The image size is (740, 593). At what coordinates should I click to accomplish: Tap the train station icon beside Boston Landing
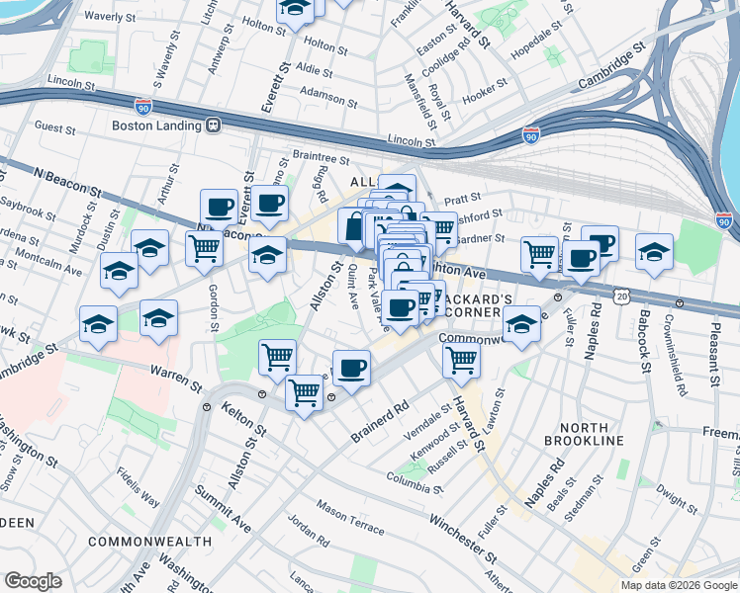212,126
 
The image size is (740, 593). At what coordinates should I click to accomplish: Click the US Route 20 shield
621,295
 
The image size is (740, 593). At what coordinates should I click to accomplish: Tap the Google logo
34,580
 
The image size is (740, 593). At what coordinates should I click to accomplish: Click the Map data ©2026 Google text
678,585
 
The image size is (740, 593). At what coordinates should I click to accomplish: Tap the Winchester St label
461,536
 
